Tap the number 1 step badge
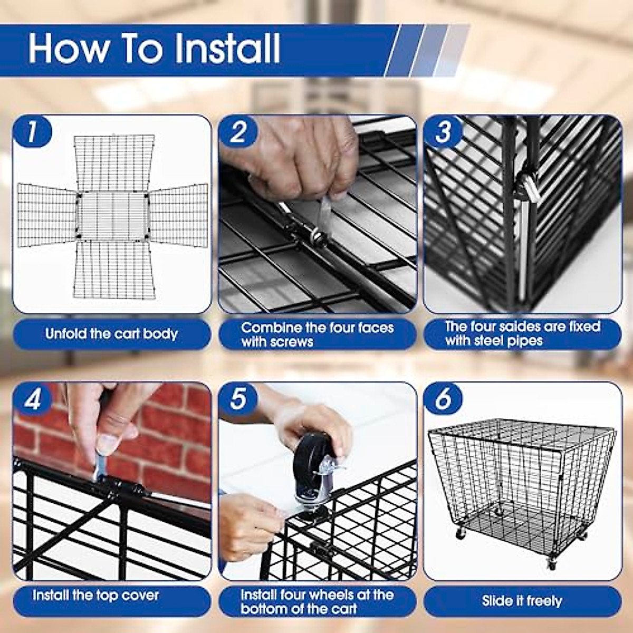pyautogui.click(x=32, y=132)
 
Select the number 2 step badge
pyautogui.click(x=238, y=132)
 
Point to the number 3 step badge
pyautogui.click(x=443, y=132)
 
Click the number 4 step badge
pyautogui.click(x=32, y=400)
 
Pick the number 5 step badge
pyautogui.click(x=238, y=400)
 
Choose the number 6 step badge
pyautogui.click(x=443, y=400)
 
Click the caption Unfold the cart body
pyautogui.click(x=111, y=334)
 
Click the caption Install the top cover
pyautogui.click(x=95, y=595)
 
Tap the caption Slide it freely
pyautogui.click(x=522, y=601)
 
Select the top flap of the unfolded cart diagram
pyautogui.click(x=114, y=163)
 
